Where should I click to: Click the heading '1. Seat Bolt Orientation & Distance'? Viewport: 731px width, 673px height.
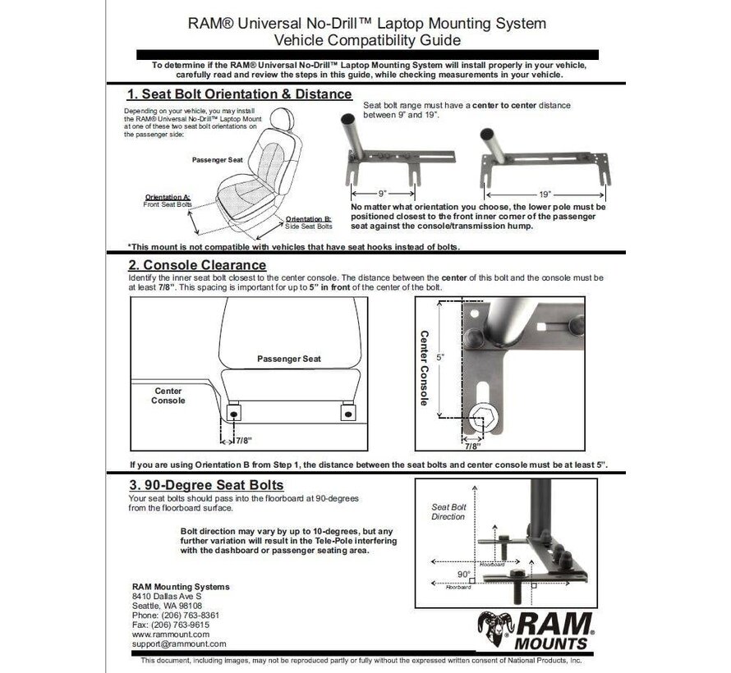pos(240,94)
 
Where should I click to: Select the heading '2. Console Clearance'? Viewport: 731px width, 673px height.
pos(197,264)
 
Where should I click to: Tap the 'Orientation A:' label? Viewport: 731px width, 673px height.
pos(168,197)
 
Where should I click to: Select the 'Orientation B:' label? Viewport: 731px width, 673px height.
pos(308,219)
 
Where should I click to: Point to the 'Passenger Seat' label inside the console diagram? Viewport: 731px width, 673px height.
pos(288,359)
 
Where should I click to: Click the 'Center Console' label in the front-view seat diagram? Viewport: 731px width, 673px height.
pos(168,396)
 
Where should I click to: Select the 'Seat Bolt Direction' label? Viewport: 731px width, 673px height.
pos(448,511)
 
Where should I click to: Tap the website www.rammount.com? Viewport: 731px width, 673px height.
pos(171,634)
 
